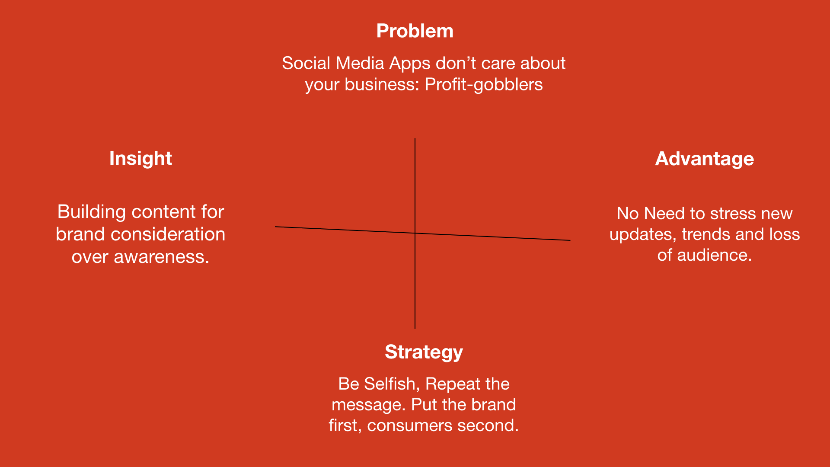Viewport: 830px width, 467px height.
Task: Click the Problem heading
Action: click(415, 31)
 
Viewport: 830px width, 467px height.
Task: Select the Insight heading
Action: click(140, 158)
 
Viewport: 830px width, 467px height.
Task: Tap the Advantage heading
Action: click(704, 159)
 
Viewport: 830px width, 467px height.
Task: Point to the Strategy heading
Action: click(424, 352)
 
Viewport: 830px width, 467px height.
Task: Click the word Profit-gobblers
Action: click(483, 84)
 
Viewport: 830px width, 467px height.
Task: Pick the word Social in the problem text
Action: click(306, 63)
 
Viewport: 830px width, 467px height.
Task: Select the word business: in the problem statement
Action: click(382, 84)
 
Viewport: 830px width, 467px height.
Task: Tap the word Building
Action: click(92, 212)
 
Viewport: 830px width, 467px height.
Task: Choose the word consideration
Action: click(168, 234)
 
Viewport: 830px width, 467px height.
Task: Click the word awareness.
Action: click(161, 257)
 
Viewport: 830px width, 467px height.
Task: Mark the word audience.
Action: click(714, 255)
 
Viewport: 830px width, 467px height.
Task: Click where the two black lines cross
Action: click(415, 233)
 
